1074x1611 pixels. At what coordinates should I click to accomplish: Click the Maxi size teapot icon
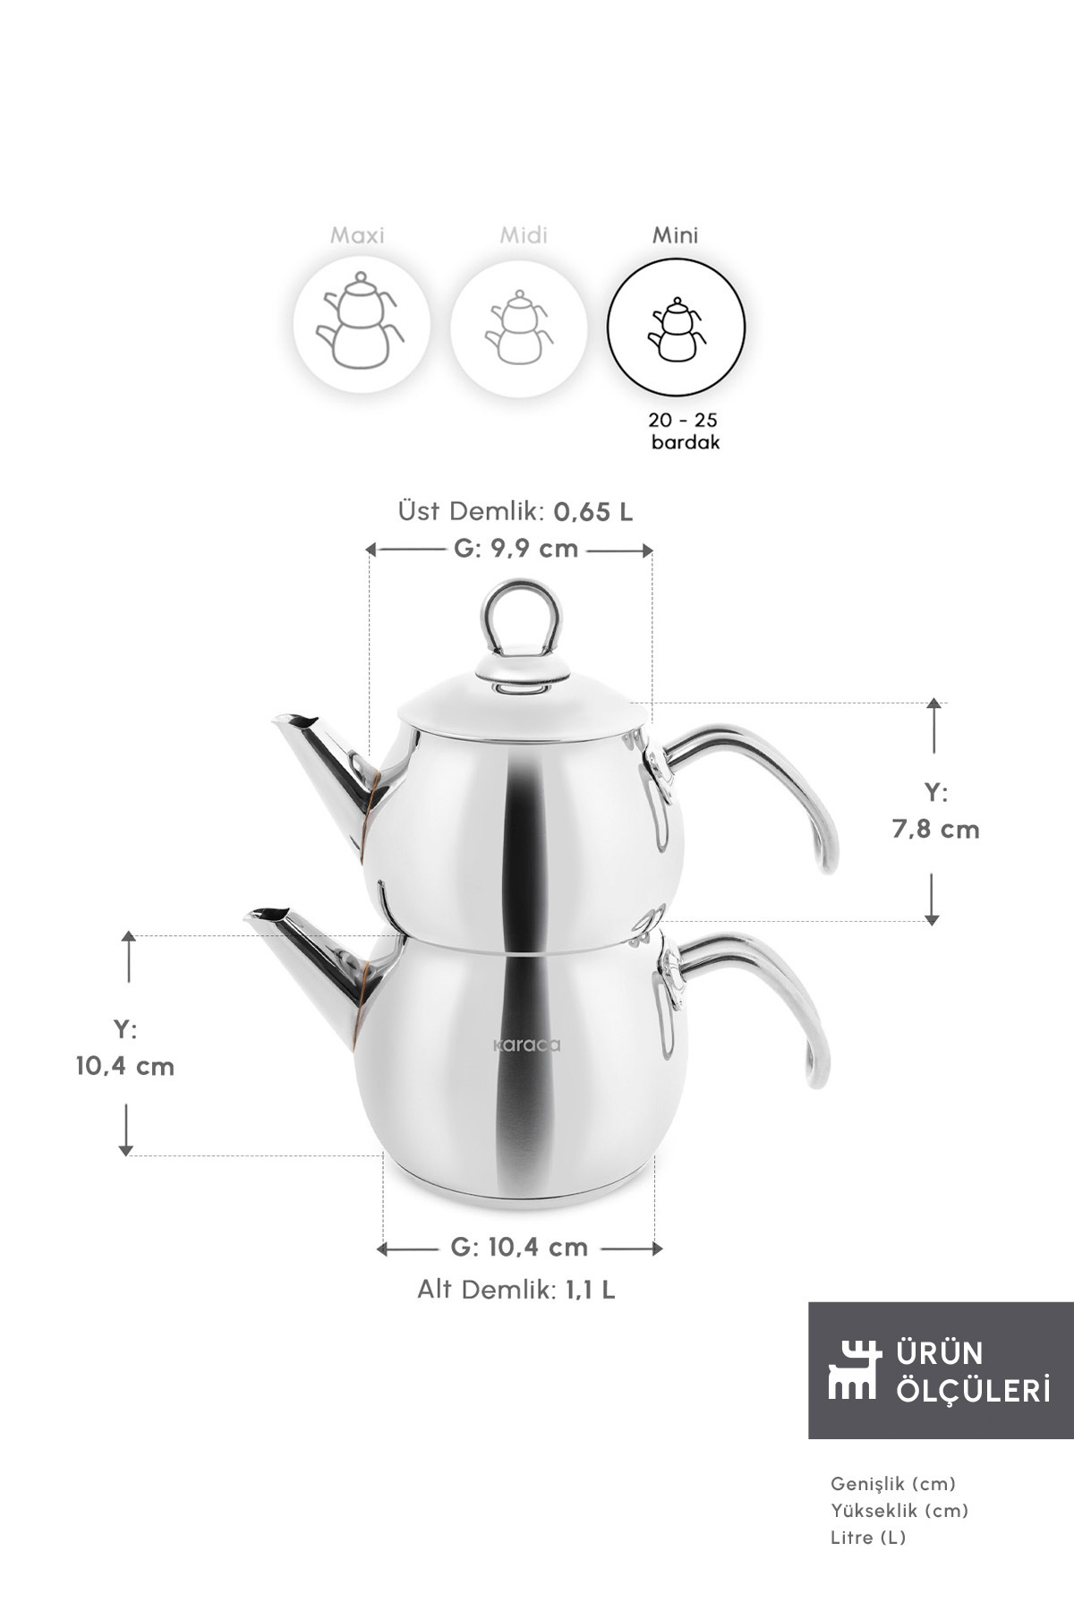click(x=361, y=323)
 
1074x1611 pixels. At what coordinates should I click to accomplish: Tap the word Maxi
click(x=357, y=235)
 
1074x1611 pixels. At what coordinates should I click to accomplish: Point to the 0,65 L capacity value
click(x=593, y=512)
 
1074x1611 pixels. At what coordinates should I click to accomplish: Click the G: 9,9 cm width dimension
click(x=516, y=548)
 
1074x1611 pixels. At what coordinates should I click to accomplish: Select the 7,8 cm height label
click(x=935, y=830)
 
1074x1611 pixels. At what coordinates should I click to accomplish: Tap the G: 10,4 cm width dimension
click(x=519, y=1247)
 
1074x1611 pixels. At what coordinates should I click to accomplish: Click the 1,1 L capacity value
click(x=590, y=1290)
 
